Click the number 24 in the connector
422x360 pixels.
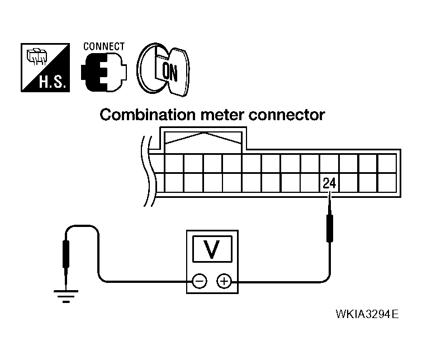(x=329, y=183)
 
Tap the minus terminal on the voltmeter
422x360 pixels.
(x=200, y=281)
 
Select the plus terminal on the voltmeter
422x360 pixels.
(x=224, y=281)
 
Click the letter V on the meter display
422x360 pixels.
(x=212, y=249)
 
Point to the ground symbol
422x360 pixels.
(x=66, y=296)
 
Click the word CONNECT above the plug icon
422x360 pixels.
(x=104, y=46)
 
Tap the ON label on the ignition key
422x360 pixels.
(x=170, y=72)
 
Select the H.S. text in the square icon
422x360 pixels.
(x=52, y=82)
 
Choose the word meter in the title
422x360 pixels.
(x=222, y=115)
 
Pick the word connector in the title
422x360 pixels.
(x=287, y=115)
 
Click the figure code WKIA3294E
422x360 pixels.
(x=367, y=314)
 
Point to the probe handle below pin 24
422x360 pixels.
(x=329, y=228)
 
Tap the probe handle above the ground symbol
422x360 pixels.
(x=66, y=254)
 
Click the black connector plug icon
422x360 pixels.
(x=103, y=72)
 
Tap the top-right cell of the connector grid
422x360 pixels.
(x=387, y=163)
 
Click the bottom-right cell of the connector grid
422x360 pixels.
(x=387, y=183)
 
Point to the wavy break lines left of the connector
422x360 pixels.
(x=148, y=172)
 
